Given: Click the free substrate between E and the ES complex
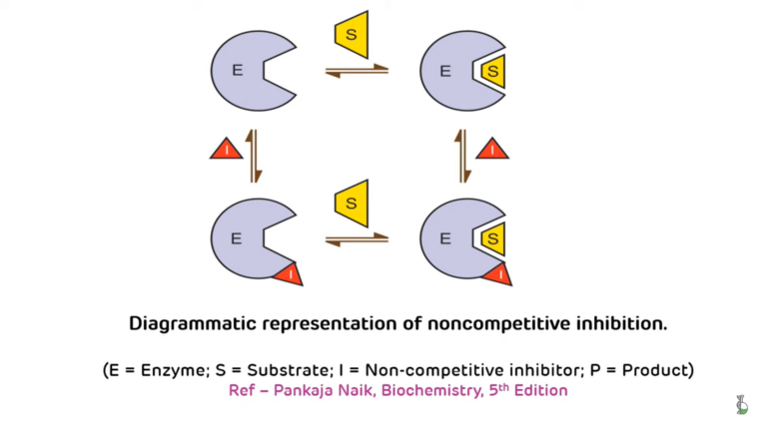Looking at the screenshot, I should pyautogui.click(x=352, y=34).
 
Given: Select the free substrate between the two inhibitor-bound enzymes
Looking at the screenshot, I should pyautogui.click(x=352, y=203).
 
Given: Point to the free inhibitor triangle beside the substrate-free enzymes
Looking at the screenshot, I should pyautogui.click(x=227, y=151).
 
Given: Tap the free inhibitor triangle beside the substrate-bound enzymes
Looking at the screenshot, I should pyautogui.click(x=492, y=151).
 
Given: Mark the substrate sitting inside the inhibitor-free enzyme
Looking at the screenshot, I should pyautogui.click(x=492, y=71).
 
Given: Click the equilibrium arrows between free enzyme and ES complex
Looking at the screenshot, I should pyautogui.click(x=357, y=71).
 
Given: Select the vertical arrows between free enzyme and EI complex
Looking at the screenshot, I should pyautogui.click(x=254, y=155).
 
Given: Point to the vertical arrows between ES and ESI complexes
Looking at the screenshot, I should pyautogui.click(x=462, y=155).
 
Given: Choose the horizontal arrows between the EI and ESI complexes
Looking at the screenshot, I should pyautogui.click(x=357, y=239).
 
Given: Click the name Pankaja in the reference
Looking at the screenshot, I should pyautogui.click(x=305, y=390).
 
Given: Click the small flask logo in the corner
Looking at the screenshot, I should pyautogui.click(x=741, y=404).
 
